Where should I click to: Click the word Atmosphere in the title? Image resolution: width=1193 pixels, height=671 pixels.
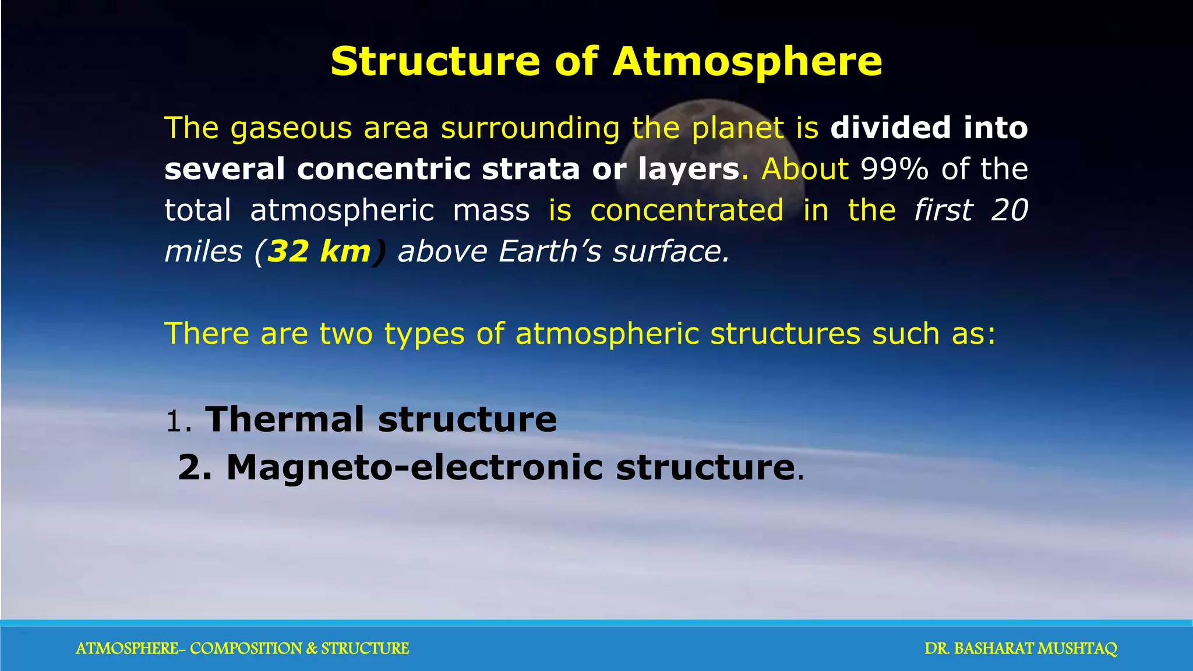747,61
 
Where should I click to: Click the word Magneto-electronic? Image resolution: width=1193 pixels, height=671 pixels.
414,467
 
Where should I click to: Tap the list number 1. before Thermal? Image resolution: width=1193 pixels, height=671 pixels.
178,421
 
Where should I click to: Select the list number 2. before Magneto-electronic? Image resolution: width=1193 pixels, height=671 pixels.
195,468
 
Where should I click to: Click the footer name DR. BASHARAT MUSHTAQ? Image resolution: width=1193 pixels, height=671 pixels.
1021,648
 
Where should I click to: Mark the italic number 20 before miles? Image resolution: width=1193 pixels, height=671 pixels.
1009,210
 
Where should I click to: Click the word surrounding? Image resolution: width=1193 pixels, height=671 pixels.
530,128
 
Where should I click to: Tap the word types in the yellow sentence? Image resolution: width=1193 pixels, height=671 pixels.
424,334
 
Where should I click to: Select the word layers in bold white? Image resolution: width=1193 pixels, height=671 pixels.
689,169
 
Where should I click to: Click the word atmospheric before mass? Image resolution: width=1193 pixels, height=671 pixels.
342,210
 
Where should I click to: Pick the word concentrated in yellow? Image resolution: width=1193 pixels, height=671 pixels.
687,210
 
